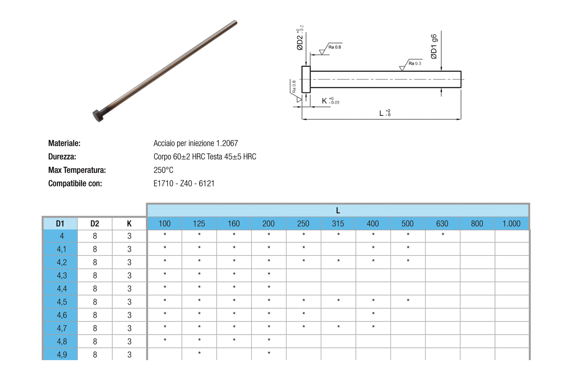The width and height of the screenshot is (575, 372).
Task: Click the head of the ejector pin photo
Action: pos(98,115)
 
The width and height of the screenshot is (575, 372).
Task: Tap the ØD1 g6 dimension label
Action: pos(434,47)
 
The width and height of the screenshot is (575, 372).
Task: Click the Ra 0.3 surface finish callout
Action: pos(415,63)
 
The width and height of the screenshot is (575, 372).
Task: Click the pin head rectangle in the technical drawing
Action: pos(306,79)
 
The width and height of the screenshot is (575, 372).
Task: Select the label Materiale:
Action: pos(64,143)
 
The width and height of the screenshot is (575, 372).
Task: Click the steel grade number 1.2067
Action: pos(227,143)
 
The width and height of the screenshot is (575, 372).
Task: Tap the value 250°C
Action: pos(164,170)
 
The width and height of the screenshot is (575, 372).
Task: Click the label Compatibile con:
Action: pos(75,183)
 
